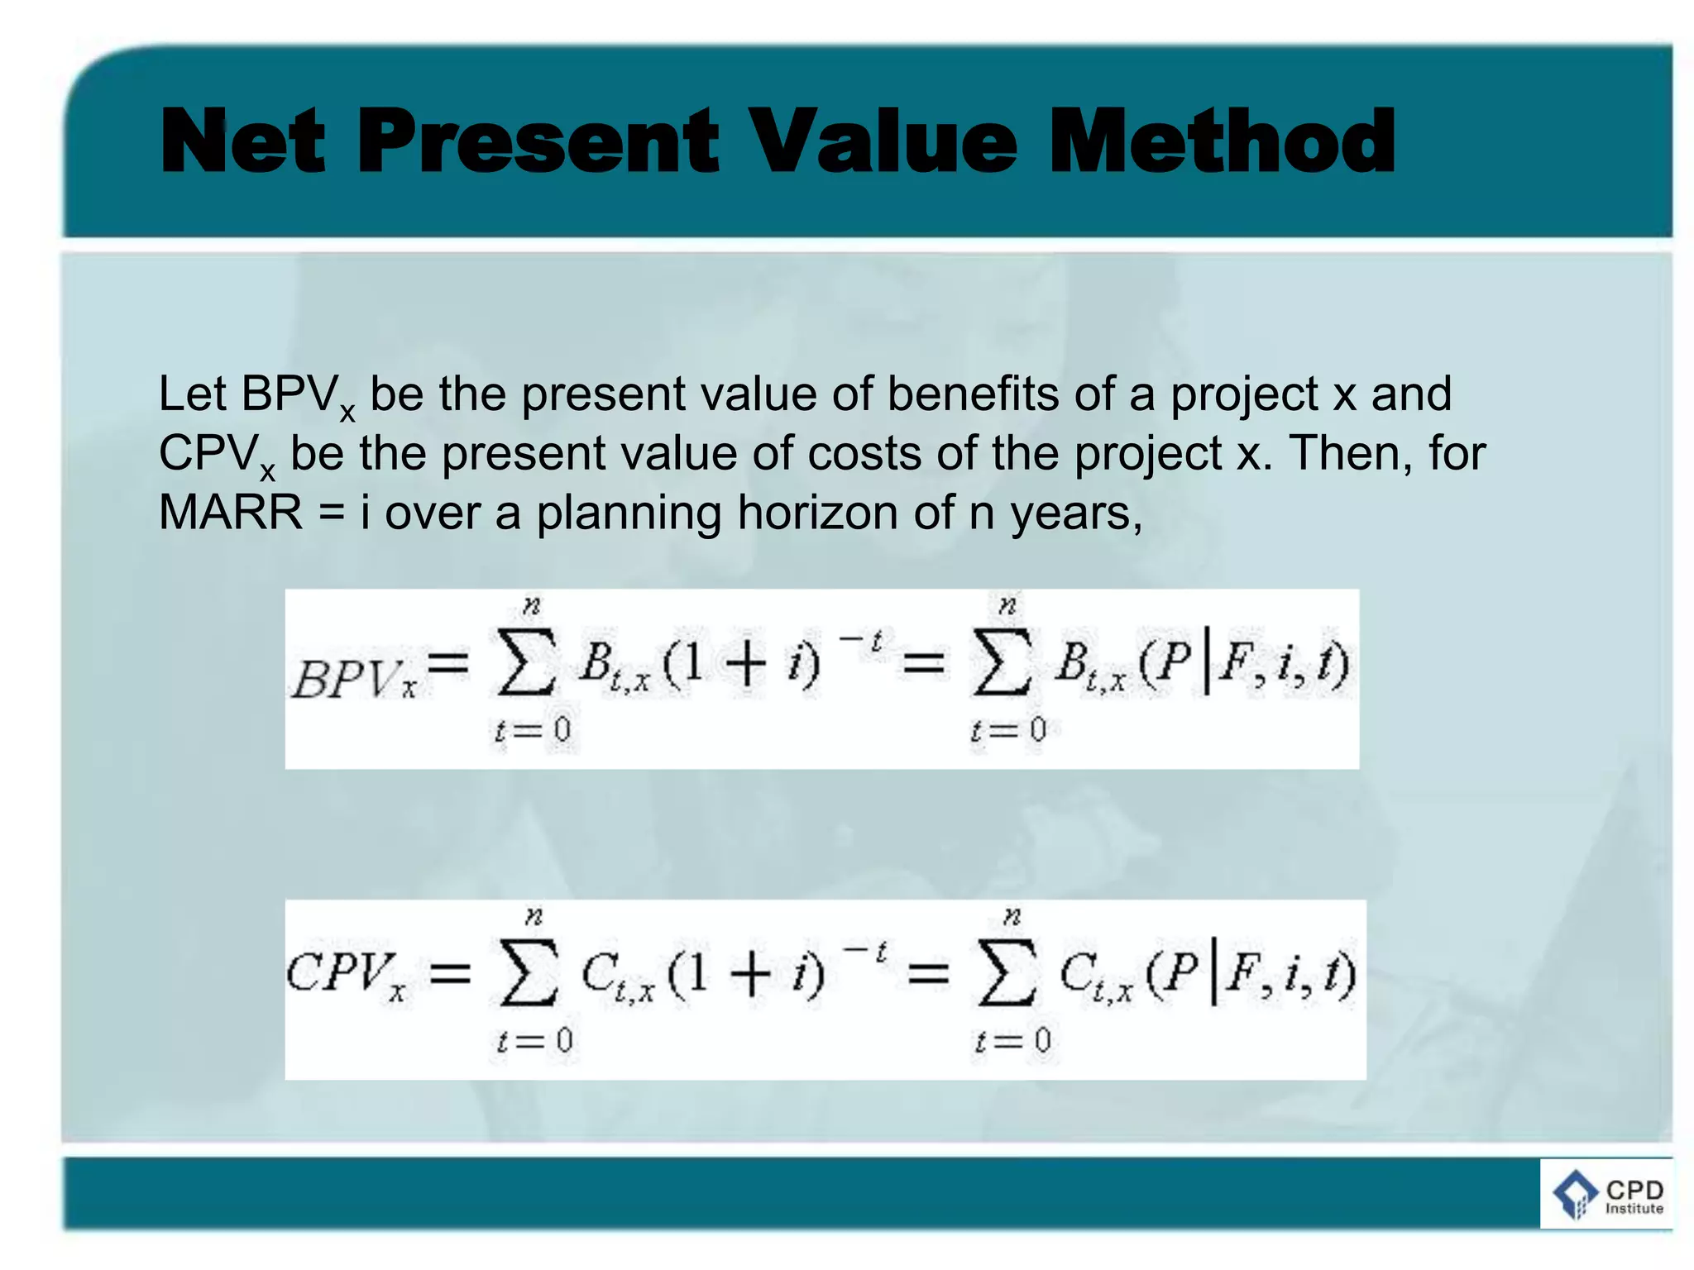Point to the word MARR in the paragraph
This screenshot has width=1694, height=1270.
[231, 513]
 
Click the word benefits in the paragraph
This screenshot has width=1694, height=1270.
[973, 394]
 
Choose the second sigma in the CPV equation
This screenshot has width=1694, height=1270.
[1006, 972]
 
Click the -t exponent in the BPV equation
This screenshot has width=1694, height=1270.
[862, 640]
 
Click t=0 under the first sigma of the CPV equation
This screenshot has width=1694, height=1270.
[534, 1040]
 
